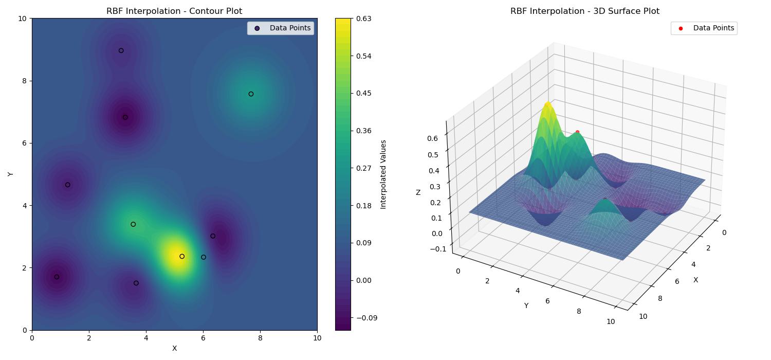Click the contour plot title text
pos(174,11)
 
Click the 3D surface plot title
pos(584,11)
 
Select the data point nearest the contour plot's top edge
pos(121,50)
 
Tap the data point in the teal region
pos(251,94)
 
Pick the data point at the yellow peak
pos(182,256)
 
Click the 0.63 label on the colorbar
pos(364,19)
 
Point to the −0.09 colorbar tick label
pos(366,318)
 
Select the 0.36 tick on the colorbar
pos(364,131)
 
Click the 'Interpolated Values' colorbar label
pos(383,174)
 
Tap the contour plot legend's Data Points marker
pos(257,28)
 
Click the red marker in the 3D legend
pos(681,28)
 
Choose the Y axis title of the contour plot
pos(10,174)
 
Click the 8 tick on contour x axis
pos(260,338)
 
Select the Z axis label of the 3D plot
pos(418,192)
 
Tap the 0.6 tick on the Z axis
pos(433,138)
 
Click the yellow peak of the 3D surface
pos(547,105)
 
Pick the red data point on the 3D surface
pos(577,132)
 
